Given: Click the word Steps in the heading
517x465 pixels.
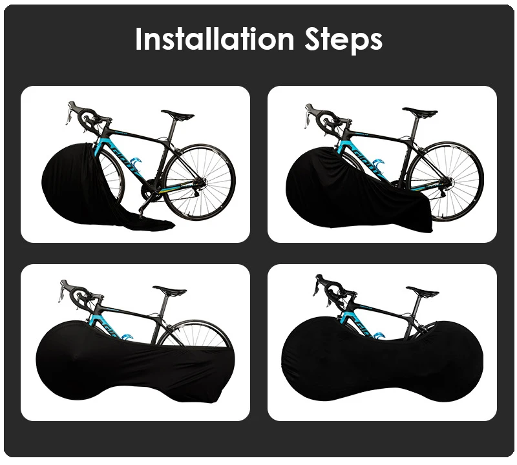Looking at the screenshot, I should point(343,41).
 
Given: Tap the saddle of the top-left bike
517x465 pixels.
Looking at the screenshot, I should point(178,115).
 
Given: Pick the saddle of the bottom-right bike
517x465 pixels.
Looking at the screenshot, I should point(423,291).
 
